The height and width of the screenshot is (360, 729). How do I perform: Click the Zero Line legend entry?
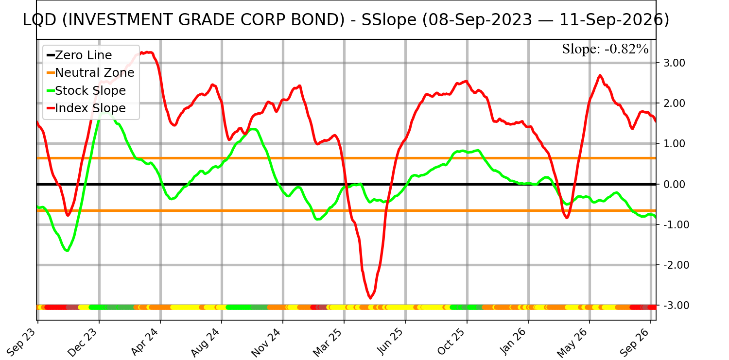(79, 55)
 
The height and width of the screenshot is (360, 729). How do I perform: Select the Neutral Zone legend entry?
(90, 73)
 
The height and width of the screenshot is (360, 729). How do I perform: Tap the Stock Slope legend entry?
(86, 90)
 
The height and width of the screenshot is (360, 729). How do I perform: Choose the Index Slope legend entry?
(86, 108)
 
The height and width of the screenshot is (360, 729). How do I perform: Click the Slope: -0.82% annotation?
(605, 49)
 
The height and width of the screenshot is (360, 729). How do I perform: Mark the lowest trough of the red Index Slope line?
(370, 297)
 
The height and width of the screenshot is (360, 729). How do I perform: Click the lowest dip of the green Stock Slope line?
(67, 250)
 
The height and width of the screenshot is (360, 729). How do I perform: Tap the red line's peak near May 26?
(600, 75)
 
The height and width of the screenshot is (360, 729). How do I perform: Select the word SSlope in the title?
(389, 20)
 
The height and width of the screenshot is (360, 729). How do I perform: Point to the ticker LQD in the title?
(39, 20)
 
